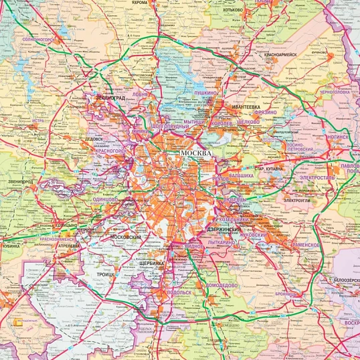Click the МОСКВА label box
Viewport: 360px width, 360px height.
[x=195, y=153]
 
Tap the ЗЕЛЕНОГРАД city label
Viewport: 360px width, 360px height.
[x=110, y=98]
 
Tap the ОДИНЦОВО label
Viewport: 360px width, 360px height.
[x=105, y=199]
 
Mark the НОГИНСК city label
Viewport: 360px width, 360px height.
[x=338, y=136]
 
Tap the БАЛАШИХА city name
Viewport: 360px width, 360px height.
[x=242, y=175]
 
